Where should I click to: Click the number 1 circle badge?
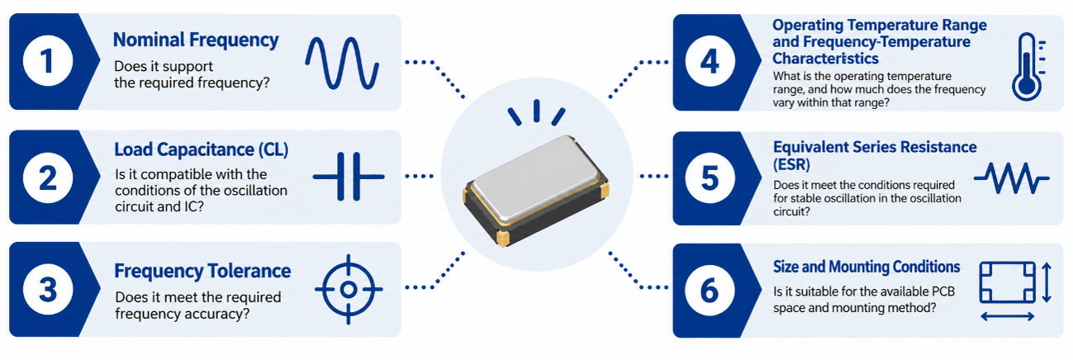48,61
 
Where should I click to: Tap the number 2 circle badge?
48,178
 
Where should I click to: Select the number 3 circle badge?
48,290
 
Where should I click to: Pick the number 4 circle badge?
710,61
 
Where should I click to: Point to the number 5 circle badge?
710,178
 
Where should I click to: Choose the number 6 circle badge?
710,291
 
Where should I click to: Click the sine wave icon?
342,64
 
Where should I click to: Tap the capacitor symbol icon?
349,177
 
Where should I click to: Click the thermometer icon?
1027,67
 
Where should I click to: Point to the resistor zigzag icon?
1012,178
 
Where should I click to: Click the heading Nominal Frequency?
196,40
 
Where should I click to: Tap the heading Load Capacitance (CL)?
202,149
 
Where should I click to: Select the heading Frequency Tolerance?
202,271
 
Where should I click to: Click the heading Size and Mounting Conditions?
866,267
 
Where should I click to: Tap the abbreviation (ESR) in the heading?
791,164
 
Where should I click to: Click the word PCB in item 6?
942,291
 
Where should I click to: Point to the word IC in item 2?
190,206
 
